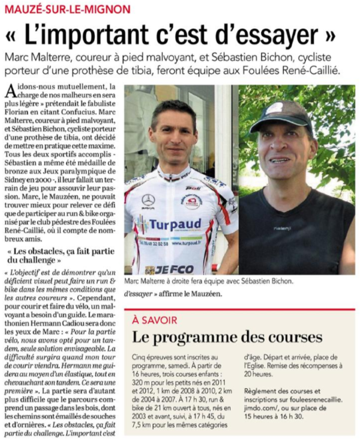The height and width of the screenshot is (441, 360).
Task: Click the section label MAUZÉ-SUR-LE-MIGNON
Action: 65,9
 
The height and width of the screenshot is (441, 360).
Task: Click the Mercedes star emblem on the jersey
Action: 148,199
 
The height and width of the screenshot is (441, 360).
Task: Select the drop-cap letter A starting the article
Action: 9,91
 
